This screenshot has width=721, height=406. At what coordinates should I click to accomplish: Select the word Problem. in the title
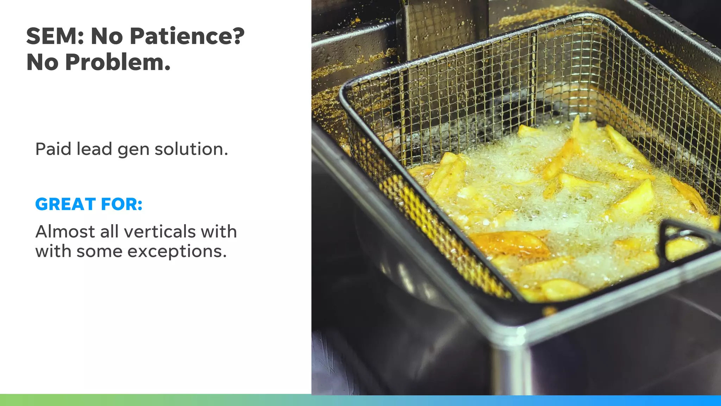(118, 62)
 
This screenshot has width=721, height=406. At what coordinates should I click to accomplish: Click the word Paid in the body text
(54, 149)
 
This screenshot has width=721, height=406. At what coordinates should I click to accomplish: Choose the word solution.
(191, 149)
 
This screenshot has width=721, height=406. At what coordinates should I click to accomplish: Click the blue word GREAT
(65, 204)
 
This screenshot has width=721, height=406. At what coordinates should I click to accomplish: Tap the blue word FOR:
(121, 204)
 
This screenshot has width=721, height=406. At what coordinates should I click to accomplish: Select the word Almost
(65, 232)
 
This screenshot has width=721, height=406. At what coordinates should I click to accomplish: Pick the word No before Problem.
(43, 62)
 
